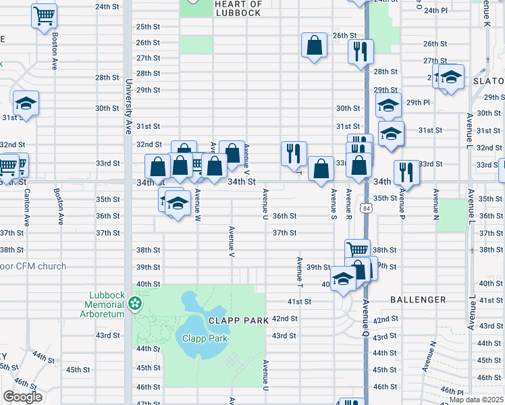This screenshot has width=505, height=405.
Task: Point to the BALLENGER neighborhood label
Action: point(418,300)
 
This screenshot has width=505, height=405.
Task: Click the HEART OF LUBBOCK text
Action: point(237,9)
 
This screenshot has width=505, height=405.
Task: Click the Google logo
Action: point(23,397)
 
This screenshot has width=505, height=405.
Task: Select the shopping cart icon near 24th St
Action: point(45,15)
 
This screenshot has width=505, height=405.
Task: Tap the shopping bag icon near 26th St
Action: point(315,45)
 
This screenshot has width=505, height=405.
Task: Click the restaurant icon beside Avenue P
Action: point(406,171)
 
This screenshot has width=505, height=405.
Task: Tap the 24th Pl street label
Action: point(436,11)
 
